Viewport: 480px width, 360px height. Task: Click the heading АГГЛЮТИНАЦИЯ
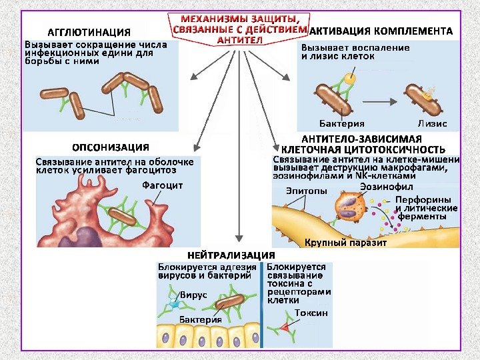click(x=88, y=32)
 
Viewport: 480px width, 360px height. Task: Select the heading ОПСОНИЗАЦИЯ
click(x=110, y=147)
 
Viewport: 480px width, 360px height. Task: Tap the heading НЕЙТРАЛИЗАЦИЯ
click(x=231, y=255)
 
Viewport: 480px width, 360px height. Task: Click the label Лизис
click(x=432, y=124)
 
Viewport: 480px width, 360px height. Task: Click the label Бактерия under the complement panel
click(x=341, y=124)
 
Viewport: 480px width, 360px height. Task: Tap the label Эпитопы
click(x=307, y=191)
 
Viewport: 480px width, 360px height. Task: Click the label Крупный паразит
click(x=345, y=243)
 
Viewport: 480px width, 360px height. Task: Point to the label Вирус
click(x=193, y=294)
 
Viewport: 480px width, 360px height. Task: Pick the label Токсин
click(x=311, y=313)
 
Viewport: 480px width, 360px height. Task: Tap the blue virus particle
click(x=175, y=304)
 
